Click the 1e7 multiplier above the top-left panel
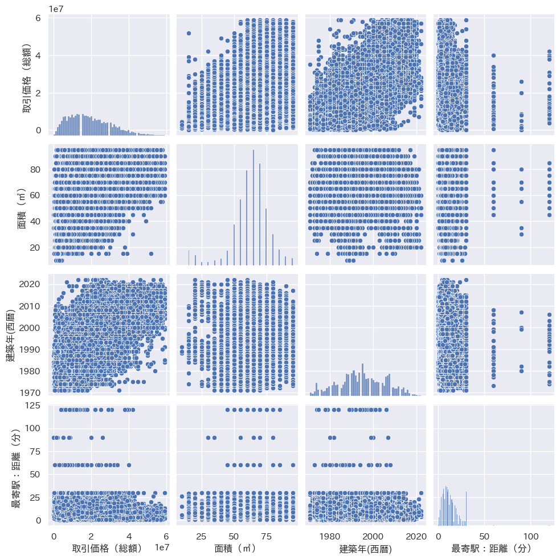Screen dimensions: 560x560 coord(56,9)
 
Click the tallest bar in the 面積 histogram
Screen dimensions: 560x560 coord(253,207)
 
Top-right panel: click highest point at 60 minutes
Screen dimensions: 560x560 coord(493,55)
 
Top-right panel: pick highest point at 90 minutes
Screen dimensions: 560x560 coord(521,81)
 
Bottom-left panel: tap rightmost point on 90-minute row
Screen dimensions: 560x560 coord(103,438)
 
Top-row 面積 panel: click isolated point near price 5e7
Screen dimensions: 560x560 coord(188,33)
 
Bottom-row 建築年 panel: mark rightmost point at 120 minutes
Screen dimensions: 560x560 coord(386,410)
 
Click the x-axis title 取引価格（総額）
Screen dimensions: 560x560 coord(107,549)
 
